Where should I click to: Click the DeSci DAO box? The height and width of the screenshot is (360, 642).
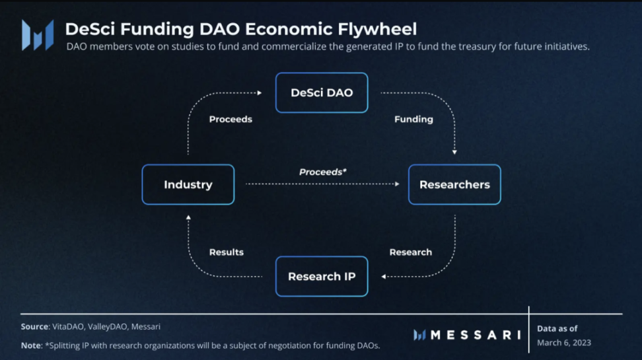pos(322,92)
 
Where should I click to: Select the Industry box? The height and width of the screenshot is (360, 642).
pos(188,184)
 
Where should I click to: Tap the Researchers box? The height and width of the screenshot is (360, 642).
pos(454,184)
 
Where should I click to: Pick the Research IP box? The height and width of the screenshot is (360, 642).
pos(322,277)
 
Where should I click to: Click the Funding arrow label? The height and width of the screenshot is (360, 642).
pos(413,119)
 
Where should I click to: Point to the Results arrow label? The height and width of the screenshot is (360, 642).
pos(227,252)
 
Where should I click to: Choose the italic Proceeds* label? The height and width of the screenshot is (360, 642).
pos(322,172)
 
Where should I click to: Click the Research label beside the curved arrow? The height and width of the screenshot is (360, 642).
pos(411,252)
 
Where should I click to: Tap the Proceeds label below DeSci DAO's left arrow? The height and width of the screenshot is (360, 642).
pos(231,119)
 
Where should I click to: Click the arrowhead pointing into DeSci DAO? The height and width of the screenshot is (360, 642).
pos(260,93)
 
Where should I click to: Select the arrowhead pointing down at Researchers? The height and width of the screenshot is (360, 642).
pos(454,153)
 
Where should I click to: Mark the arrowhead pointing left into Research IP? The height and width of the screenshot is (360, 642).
pos(384,277)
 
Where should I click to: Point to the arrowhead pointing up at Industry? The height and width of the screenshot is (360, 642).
pos(188,217)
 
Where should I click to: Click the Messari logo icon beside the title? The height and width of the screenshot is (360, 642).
pos(38,35)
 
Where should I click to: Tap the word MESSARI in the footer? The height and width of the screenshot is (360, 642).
pos(476,335)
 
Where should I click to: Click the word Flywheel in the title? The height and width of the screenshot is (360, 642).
pos(377,30)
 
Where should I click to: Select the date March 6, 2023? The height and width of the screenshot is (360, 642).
pos(564,343)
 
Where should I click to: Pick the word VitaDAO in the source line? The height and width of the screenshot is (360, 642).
pos(68,327)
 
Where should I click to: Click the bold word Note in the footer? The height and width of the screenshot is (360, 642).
pos(31,345)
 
